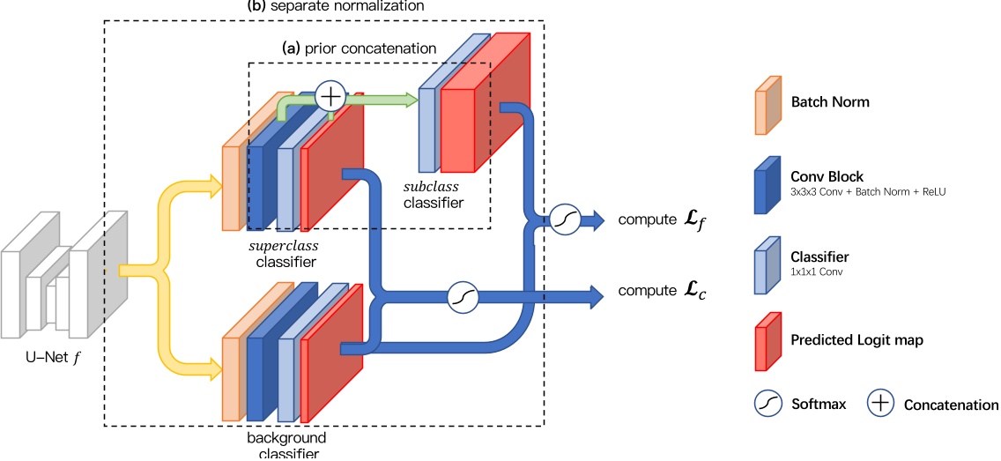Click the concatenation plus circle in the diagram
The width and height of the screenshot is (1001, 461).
tap(330, 97)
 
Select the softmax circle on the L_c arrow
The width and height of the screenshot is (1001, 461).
tap(463, 298)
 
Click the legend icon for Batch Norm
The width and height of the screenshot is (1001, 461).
tap(767, 103)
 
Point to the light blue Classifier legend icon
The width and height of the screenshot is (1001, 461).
tap(767, 264)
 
